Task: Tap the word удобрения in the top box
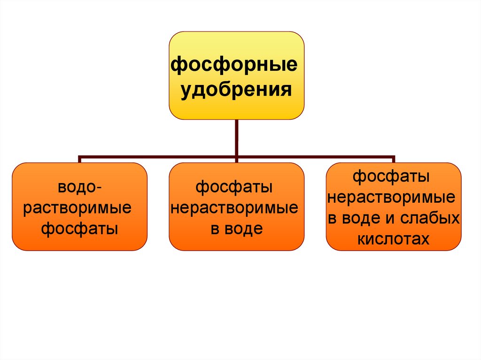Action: pos(237,89)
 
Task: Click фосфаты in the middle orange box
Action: pos(234,188)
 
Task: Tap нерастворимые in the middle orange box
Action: pos(234,208)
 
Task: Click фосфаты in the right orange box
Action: pos(391,177)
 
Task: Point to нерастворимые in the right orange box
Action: pos(391,198)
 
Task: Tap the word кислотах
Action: pos(393,239)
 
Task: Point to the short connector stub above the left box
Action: pos(79,160)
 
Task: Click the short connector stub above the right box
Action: pos(394,160)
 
